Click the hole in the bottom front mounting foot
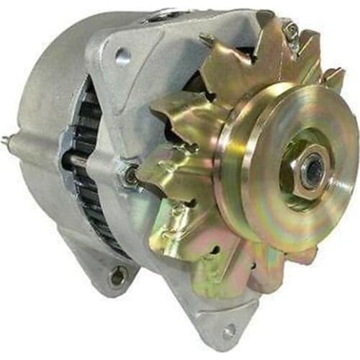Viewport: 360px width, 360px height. click(x=228, y=332)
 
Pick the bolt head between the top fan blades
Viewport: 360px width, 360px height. click(x=290, y=30)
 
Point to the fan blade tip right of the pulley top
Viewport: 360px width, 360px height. click(x=333, y=76)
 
